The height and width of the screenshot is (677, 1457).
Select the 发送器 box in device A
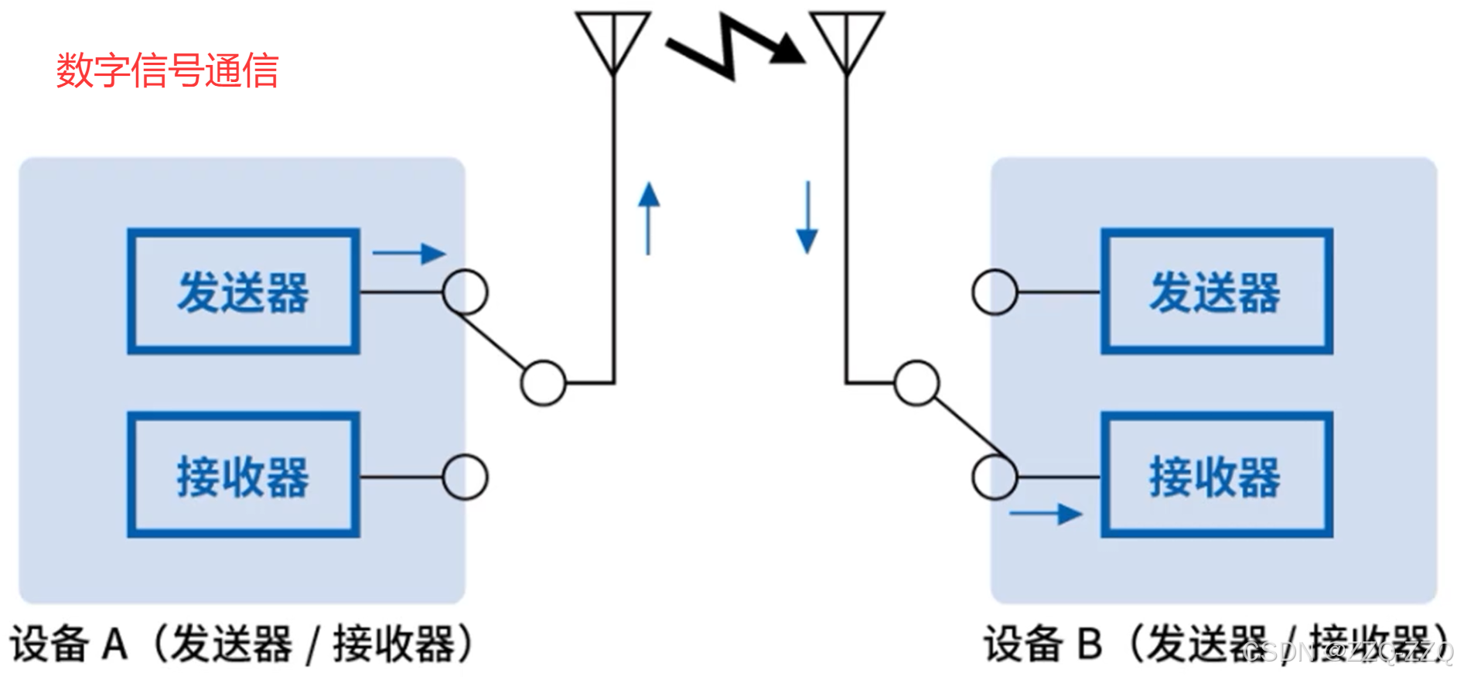[x=244, y=292]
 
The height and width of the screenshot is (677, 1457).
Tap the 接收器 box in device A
[x=244, y=475]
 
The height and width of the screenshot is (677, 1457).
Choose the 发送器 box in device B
[x=1216, y=292]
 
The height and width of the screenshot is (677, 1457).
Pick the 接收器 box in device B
[x=1216, y=475]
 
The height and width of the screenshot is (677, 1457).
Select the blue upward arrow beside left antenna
[x=649, y=217]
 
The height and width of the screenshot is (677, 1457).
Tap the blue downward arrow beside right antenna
[x=807, y=217]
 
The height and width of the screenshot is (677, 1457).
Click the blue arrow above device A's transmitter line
[x=409, y=253]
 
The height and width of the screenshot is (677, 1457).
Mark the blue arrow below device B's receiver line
[x=1046, y=513]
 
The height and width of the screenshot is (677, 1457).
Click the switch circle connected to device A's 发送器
[x=465, y=292]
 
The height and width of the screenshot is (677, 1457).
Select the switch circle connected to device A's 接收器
[x=465, y=476]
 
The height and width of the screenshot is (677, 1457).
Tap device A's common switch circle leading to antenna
[x=543, y=382]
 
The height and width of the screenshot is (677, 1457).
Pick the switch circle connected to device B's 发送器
[x=995, y=292]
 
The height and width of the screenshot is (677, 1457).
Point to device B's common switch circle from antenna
[x=916, y=382]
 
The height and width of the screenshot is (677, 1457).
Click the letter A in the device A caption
[x=115, y=643]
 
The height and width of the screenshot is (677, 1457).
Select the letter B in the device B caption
[x=1089, y=643]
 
